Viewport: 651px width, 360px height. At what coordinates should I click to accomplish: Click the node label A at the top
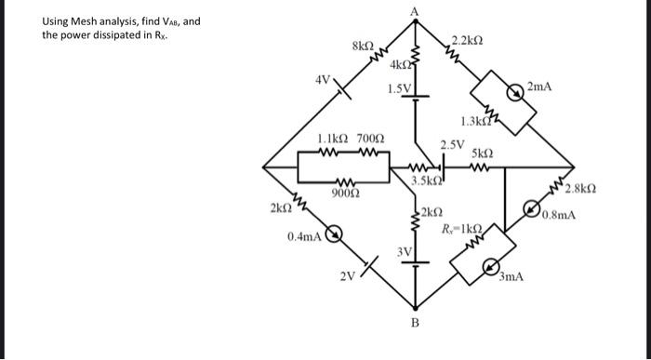pyautogui.click(x=415, y=9)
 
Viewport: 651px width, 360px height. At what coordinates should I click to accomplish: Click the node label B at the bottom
pyautogui.click(x=415, y=323)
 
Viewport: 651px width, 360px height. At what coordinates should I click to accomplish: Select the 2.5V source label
pyautogui.click(x=451, y=144)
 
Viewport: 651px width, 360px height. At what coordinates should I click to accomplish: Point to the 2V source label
pyautogui.click(x=346, y=276)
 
